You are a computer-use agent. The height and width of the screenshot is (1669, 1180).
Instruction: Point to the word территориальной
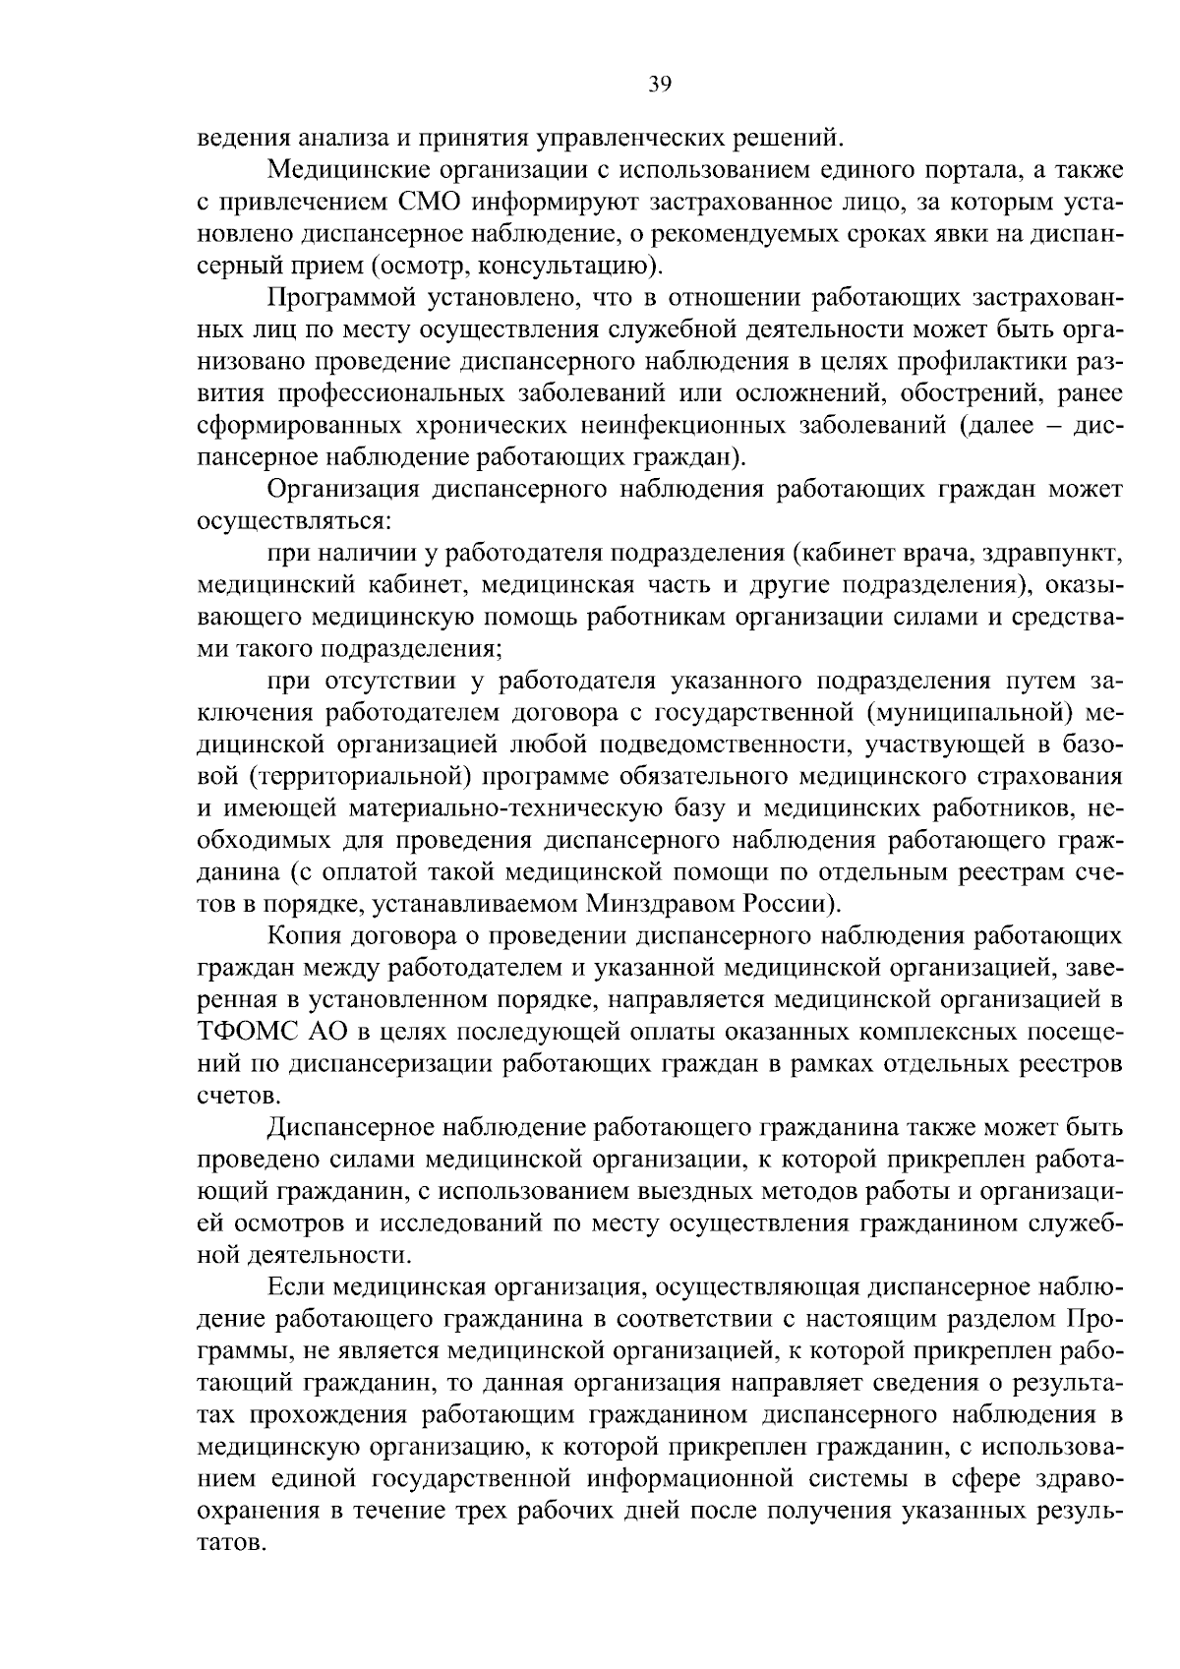coord(352,776)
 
